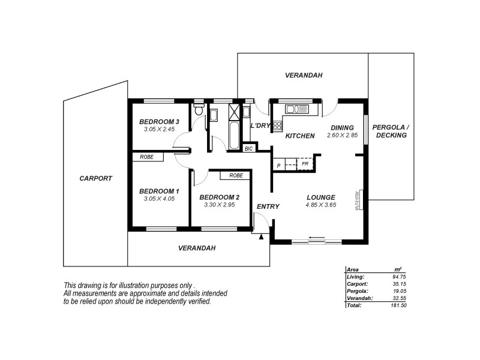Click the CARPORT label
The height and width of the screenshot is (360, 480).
pos(95,178)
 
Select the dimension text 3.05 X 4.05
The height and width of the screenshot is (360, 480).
pos(158,199)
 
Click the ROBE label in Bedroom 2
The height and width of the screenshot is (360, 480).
pos(236,176)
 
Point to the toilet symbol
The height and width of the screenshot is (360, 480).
pos(199,112)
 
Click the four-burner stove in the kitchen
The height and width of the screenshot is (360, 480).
pos(278,125)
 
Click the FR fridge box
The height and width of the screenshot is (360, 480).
pos(305,164)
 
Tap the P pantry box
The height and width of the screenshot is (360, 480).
pos(279,165)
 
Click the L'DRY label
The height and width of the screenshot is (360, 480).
pos(260,125)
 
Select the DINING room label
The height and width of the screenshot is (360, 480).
pos(342,127)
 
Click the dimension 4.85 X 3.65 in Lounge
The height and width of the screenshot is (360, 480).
pos(320,205)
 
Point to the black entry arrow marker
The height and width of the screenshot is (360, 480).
pos(261,237)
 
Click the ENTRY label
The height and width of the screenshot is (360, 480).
pos(268,206)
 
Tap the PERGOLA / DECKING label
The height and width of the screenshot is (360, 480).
pos(390,131)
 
